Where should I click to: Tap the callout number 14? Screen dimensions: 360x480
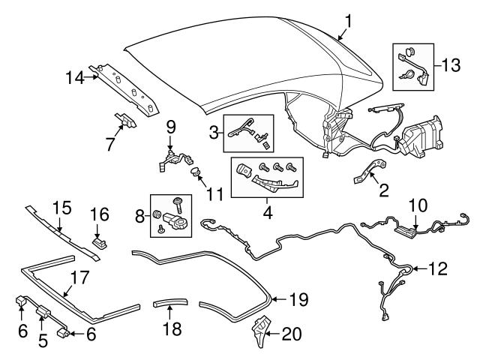coord(74,76)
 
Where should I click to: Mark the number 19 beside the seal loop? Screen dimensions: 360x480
coord(298,300)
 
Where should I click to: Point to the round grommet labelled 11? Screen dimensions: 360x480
coord(197,174)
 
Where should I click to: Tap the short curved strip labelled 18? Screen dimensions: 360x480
coord(169,304)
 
